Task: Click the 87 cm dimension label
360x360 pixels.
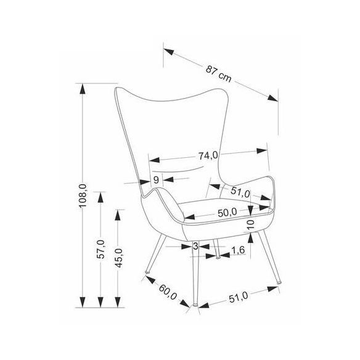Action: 218,74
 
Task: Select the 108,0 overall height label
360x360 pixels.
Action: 83,195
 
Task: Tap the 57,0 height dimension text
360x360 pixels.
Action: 100,249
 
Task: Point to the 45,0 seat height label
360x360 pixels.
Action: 118,258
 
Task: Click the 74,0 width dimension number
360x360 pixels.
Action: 208,156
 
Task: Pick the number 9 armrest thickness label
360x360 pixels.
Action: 156,180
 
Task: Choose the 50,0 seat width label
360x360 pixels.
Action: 227,213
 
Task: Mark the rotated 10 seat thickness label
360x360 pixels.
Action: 251,224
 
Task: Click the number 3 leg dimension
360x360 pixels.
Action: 195,246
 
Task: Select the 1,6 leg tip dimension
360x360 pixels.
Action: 238,250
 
